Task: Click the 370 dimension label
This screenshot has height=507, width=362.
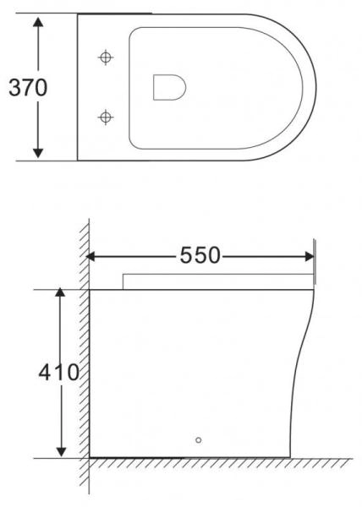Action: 26,87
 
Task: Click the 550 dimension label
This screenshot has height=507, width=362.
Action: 199,255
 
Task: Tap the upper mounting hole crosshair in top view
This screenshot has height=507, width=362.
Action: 106,57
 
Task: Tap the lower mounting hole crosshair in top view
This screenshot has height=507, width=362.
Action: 106,115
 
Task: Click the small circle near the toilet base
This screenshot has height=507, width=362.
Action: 199,439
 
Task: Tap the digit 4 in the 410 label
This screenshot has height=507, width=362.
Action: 47,372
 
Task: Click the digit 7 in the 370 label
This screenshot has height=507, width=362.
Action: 26,87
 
